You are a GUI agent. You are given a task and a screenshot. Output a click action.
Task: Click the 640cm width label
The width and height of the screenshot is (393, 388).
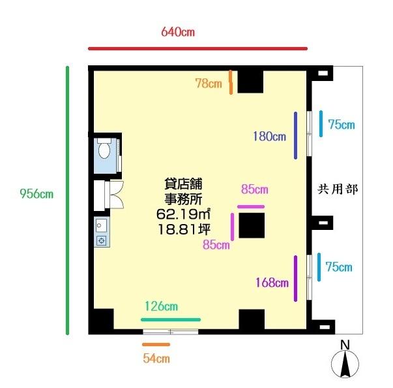point(178,32)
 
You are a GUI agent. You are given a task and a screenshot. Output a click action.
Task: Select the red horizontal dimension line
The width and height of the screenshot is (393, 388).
point(197,48)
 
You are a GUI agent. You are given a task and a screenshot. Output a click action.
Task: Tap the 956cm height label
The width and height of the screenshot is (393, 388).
point(36,193)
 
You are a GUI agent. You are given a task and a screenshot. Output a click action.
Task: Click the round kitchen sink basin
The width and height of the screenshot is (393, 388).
point(99,225)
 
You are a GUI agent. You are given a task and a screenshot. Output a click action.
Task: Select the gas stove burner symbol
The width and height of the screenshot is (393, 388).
point(101,240)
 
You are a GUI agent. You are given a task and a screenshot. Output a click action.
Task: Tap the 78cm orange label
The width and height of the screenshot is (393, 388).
point(209,84)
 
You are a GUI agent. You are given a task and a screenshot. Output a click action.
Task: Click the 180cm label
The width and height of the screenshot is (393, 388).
point(269,137)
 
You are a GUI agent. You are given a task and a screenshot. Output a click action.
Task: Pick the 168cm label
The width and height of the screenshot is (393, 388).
point(272,283)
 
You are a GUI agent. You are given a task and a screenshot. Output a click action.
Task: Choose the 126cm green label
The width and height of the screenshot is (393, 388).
point(162,306)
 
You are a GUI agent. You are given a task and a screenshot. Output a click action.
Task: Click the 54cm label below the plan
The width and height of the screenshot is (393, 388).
point(156,359)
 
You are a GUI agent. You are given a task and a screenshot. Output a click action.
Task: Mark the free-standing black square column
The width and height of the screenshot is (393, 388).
point(252,225)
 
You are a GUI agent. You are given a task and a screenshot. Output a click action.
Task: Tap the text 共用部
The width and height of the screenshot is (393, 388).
point(338,189)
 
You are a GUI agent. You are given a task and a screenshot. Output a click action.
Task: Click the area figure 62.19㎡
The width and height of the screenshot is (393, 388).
point(183,214)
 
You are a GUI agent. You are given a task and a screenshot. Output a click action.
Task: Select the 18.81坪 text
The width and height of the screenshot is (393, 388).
point(184,229)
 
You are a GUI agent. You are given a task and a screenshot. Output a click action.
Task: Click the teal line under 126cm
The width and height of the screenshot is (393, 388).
point(171,319)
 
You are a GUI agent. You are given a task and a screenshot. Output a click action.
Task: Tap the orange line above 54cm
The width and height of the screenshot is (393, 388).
point(156,344)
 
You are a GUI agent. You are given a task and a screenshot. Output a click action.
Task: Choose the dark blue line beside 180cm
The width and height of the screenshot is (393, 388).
point(296,135)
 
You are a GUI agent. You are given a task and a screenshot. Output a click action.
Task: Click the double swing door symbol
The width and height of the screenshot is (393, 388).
point(116,195)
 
